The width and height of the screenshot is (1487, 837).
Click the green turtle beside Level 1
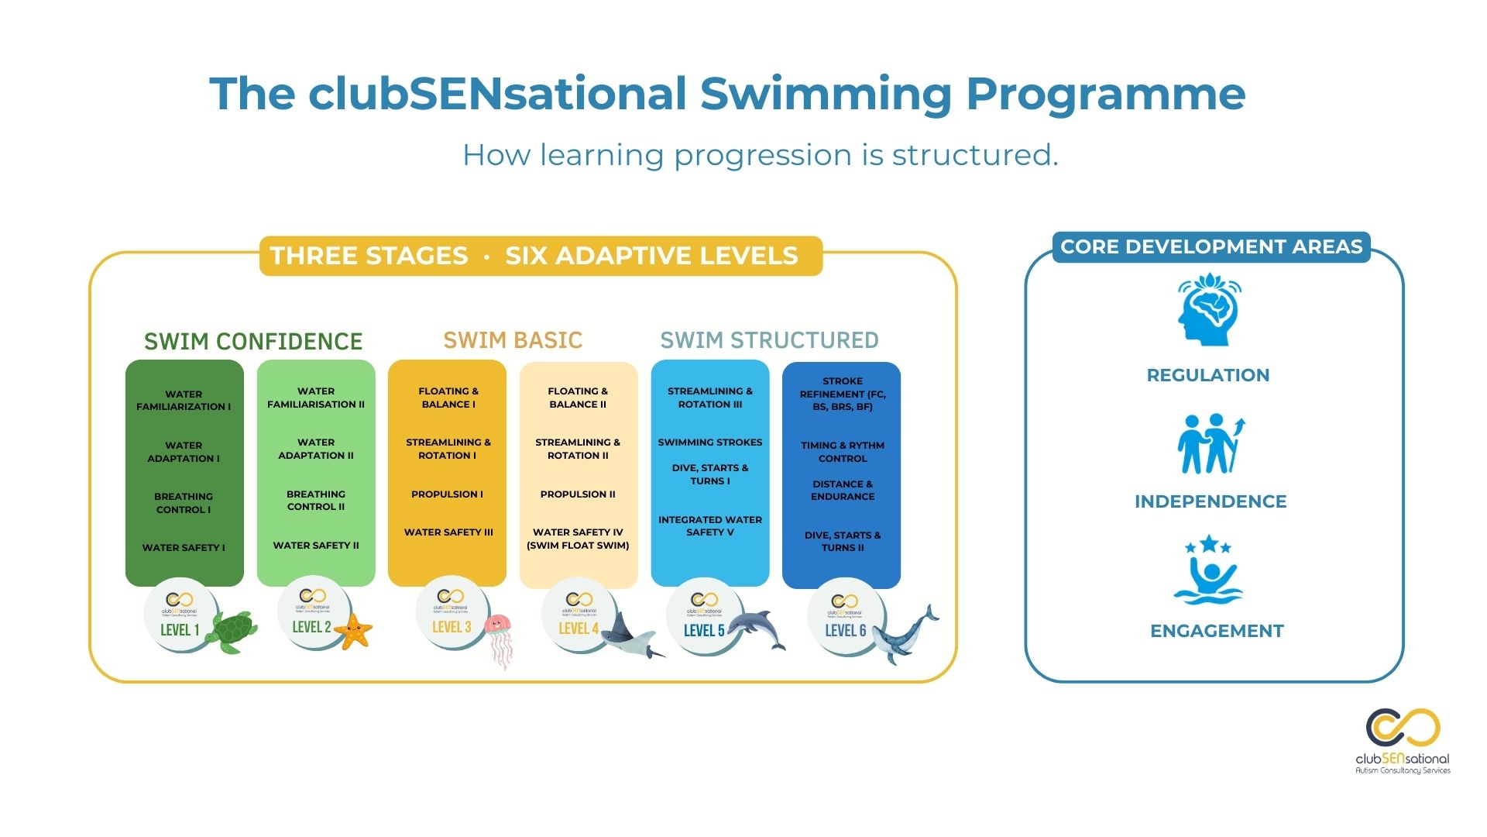233,631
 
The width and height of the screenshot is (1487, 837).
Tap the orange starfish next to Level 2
355,631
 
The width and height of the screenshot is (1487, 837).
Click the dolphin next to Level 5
757,629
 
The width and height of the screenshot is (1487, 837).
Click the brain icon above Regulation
1208,309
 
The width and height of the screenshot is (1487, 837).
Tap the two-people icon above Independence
1210,444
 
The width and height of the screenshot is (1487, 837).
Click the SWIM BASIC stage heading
513,340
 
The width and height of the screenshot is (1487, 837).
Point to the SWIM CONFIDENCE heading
253,341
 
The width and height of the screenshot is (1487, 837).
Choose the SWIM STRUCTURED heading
769,340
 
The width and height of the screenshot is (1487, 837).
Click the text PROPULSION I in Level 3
447,494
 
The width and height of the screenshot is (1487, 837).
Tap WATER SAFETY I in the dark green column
184,548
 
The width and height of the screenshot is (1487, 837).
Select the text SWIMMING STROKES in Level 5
710,443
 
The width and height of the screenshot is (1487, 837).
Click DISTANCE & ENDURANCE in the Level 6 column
843,491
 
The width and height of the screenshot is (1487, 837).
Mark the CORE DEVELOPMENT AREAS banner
1211,247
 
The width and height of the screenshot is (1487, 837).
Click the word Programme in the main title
1105,94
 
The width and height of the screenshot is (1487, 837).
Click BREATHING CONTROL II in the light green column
316,501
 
